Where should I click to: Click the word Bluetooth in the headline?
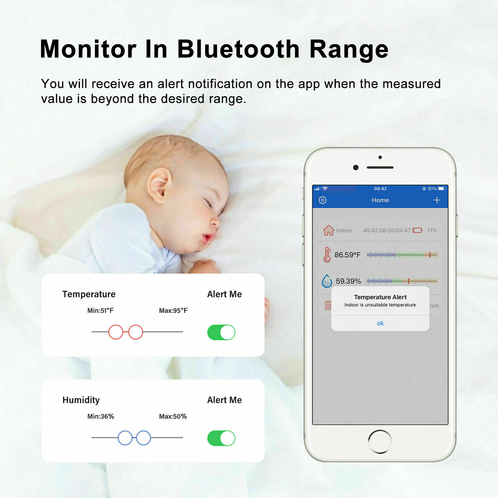(x=238, y=49)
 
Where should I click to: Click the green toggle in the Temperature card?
(x=221, y=332)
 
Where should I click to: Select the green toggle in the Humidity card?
(x=221, y=438)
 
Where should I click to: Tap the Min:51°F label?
(x=101, y=311)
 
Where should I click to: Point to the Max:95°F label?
(x=173, y=311)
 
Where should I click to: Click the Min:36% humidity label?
(x=101, y=416)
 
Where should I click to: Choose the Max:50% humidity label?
(x=173, y=416)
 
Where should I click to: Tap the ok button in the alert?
(x=380, y=323)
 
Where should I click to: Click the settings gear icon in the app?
(x=322, y=200)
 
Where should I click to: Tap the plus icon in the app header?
(x=437, y=200)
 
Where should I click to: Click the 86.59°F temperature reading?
(x=347, y=255)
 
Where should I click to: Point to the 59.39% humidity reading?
(x=348, y=281)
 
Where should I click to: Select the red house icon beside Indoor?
(x=329, y=230)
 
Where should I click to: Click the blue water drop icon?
(x=327, y=281)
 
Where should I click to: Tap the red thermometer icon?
(x=327, y=255)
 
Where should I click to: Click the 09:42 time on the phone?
(x=380, y=189)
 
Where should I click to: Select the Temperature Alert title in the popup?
(x=380, y=297)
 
